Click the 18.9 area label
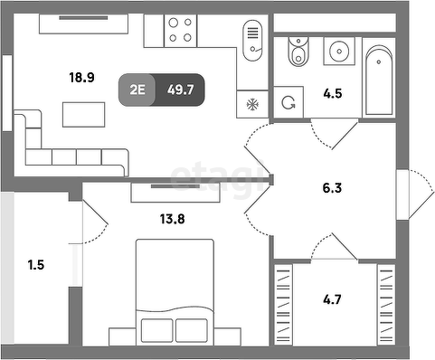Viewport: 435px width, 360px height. click(x=81, y=78)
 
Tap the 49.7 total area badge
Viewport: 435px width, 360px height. click(x=180, y=90)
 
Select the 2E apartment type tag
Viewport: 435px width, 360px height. click(x=137, y=90)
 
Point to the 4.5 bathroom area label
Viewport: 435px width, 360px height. click(x=333, y=93)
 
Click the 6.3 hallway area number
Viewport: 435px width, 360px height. click(x=332, y=188)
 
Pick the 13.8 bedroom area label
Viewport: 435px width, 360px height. click(x=172, y=219)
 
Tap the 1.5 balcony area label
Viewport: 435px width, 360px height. click(x=36, y=265)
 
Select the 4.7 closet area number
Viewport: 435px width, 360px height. click(x=332, y=299)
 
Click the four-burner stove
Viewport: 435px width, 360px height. click(x=180, y=31)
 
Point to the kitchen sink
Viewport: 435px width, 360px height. click(x=252, y=41)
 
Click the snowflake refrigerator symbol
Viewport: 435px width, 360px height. click(x=252, y=105)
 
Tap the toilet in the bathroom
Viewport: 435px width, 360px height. click(x=298, y=52)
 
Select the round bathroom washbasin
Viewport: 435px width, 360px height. click(x=339, y=51)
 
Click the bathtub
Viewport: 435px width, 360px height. click(x=379, y=81)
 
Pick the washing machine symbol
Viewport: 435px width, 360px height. click(x=288, y=102)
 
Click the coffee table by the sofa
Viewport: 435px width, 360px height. click(x=83, y=115)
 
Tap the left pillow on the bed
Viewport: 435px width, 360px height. click(x=156, y=330)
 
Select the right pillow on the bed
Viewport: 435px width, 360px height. click(x=192, y=330)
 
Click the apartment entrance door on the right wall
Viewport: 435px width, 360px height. click(x=415, y=194)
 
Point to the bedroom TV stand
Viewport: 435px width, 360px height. click(x=175, y=193)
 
